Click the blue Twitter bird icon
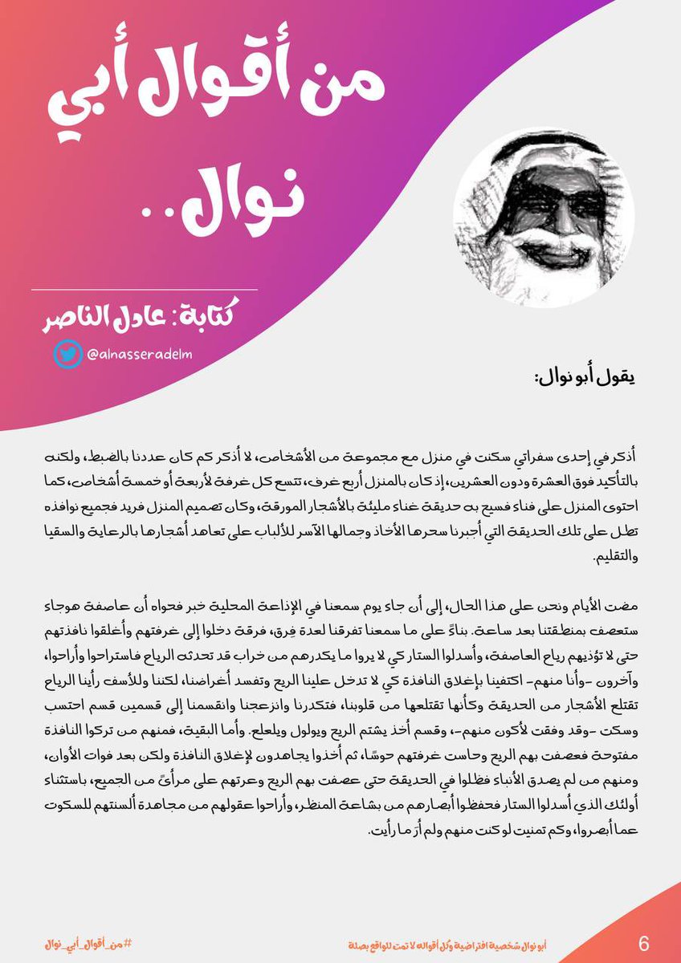tap(68, 354)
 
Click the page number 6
tap(643, 941)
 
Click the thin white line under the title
tap(145, 289)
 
